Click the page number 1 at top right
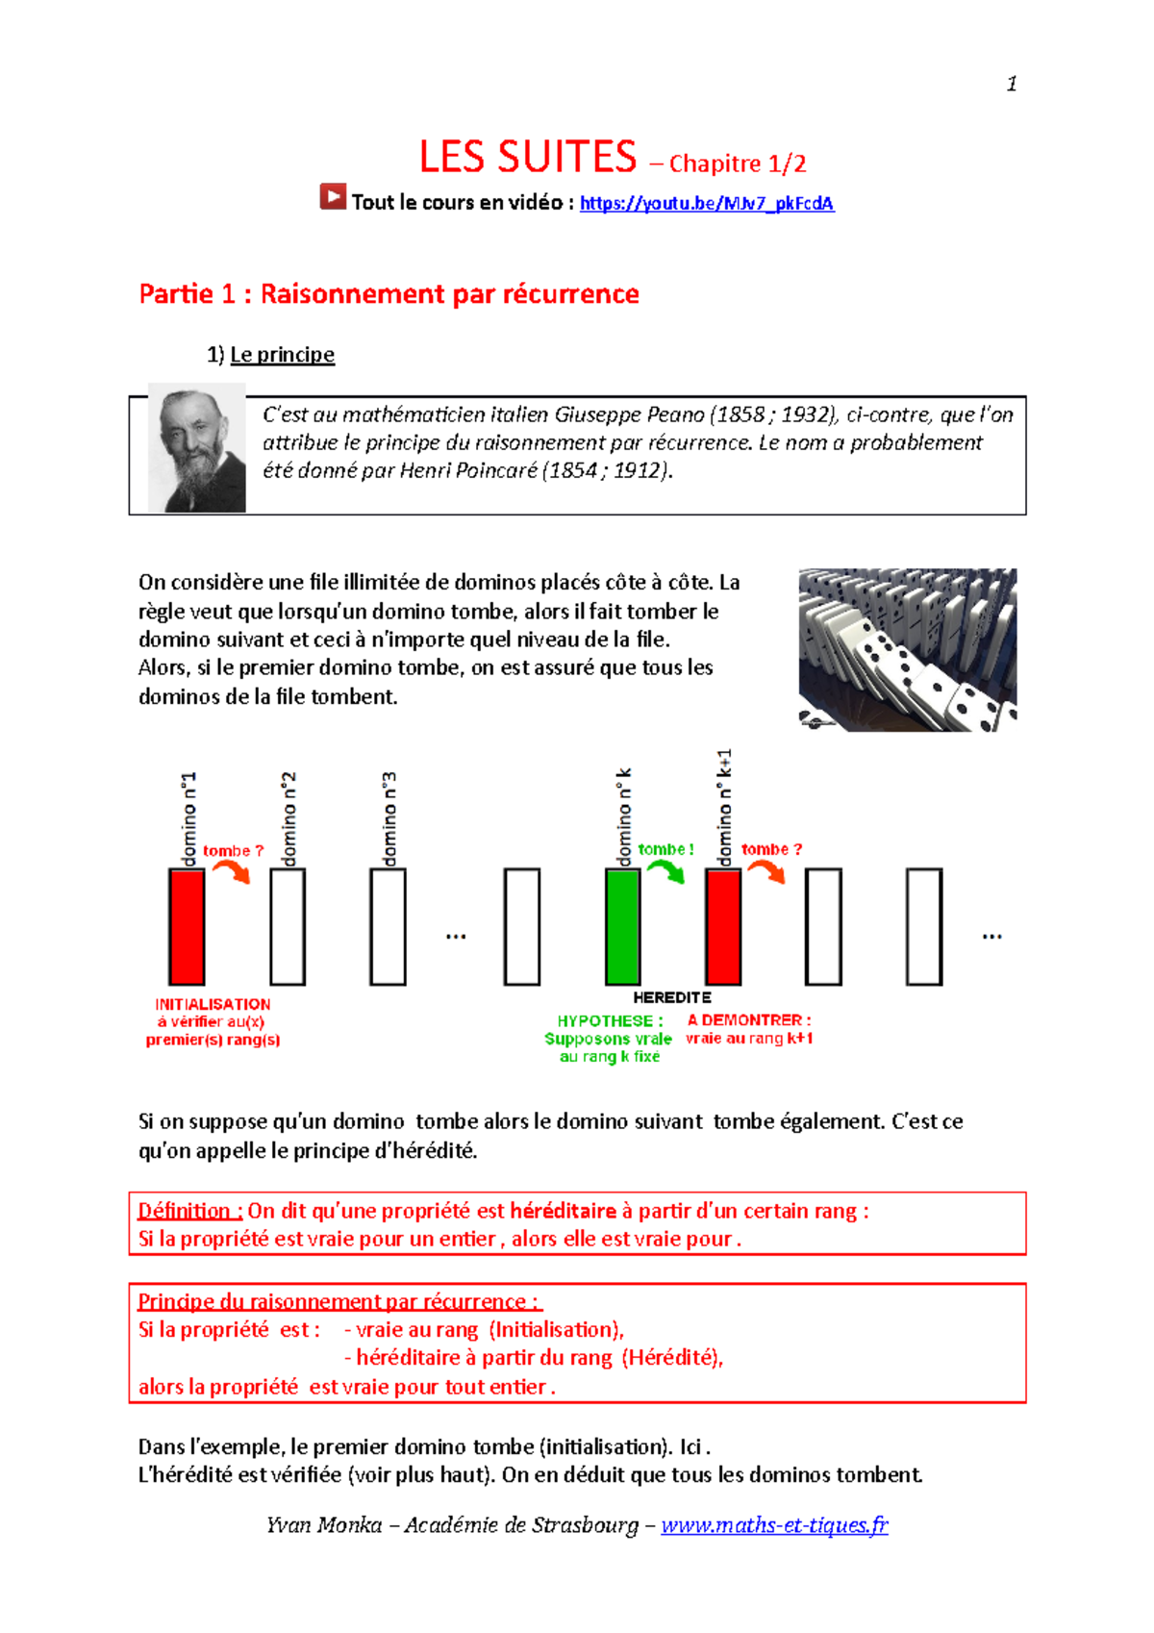(x=1012, y=84)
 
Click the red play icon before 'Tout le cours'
(x=333, y=197)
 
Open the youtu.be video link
(x=706, y=203)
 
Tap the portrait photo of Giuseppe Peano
(x=197, y=447)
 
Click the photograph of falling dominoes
(x=907, y=649)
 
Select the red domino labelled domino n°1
(x=187, y=926)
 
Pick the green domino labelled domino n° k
(x=622, y=926)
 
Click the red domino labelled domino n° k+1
(x=723, y=926)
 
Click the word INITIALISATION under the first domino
(x=213, y=1004)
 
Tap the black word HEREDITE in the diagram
(x=672, y=997)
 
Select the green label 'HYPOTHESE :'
(x=610, y=1020)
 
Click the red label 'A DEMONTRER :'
(x=749, y=1019)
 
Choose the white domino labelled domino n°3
(x=388, y=926)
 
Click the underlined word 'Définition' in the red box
(x=189, y=1211)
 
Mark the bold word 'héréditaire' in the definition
(x=563, y=1211)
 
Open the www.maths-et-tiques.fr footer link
(x=774, y=1524)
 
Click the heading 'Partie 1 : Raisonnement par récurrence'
(x=389, y=293)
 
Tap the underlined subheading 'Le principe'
(x=282, y=354)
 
